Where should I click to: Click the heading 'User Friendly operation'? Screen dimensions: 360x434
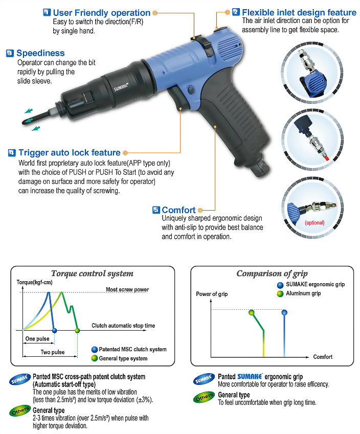tap(102, 13)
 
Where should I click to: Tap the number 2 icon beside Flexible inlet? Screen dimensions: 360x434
tap(236, 12)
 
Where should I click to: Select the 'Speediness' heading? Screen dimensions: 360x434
tap(40, 53)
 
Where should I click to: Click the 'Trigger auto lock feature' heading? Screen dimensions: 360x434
tap(70, 152)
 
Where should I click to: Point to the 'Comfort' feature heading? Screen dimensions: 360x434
tap(178, 210)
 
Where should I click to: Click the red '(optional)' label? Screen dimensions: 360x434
tap(314, 222)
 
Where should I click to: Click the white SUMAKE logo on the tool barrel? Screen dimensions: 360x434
tap(121, 87)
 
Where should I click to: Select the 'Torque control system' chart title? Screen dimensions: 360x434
tap(92, 273)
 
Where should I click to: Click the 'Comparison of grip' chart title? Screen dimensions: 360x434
tap(272, 273)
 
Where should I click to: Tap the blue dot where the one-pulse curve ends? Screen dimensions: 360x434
tap(55, 330)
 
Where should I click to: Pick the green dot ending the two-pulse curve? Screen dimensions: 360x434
tap(77, 330)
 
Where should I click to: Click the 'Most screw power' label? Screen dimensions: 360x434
tap(127, 289)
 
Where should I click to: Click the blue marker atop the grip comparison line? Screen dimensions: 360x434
tap(284, 313)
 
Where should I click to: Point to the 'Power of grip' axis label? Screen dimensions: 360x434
tap(212, 294)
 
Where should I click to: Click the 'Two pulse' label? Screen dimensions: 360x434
tap(53, 352)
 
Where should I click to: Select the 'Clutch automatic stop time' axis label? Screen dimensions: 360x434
tap(123, 326)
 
